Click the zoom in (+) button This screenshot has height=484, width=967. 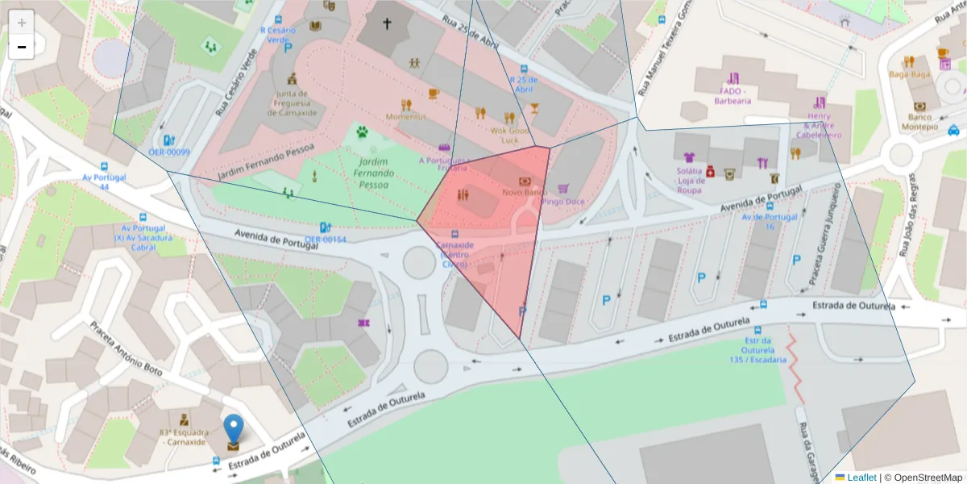pyautogui.click(x=22, y=22)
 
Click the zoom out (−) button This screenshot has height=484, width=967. pyautogui.click(x=22, y=48)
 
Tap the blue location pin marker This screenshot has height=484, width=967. pyautogui.click(x=233, y=430)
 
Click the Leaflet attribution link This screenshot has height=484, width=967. pyautogui.click(x=861, y=478)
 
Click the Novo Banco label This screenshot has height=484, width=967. pyautogui.click(x=525, y=193)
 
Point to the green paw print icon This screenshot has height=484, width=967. pyautogui.click(x=362, y=131)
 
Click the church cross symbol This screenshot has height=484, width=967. pyautogui.click(x=386, y=24)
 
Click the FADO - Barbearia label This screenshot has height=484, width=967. pyautogui.click(x=733, y=96)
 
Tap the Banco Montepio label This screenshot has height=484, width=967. pyautogui.click(x=919, y=122)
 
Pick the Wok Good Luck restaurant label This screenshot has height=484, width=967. pyautogui.click(x=509, y=135)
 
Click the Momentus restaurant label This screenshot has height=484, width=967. pyautogui.click(x=406, y=117)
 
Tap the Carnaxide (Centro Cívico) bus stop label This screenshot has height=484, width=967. pyautogui.click(x=454, y=254)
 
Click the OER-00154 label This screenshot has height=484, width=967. pyautogui.click(x=326, y=240)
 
